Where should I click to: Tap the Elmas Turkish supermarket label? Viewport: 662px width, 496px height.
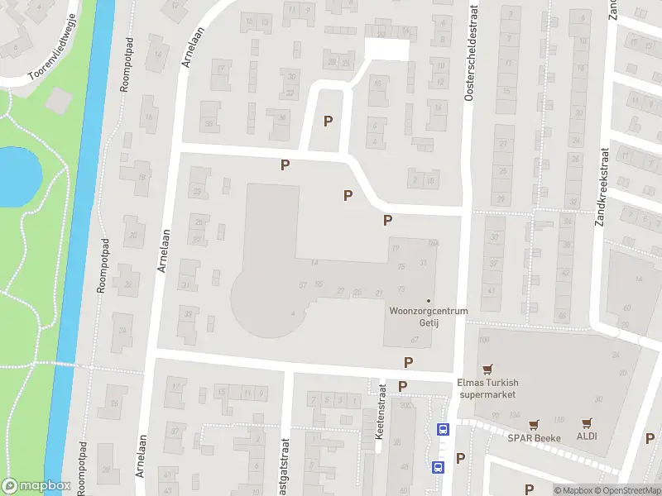click(x=487, y=388)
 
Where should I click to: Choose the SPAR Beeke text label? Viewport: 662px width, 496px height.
click(x=535, y=437)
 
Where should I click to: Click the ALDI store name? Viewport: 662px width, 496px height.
click(x=588, y=436)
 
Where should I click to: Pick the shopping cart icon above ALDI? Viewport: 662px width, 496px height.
click(x=588, y=422)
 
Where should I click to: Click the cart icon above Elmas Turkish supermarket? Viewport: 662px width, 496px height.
click(x=487, y=369)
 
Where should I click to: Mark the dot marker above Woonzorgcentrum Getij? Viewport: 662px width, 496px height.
click(x=428, y=300)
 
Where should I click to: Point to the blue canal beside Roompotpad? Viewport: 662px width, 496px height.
click(x=79, y=248)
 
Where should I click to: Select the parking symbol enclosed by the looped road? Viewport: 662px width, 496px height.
click(x=329, y=121)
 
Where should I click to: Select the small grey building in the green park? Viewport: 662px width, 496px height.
click(x=59, y=99)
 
